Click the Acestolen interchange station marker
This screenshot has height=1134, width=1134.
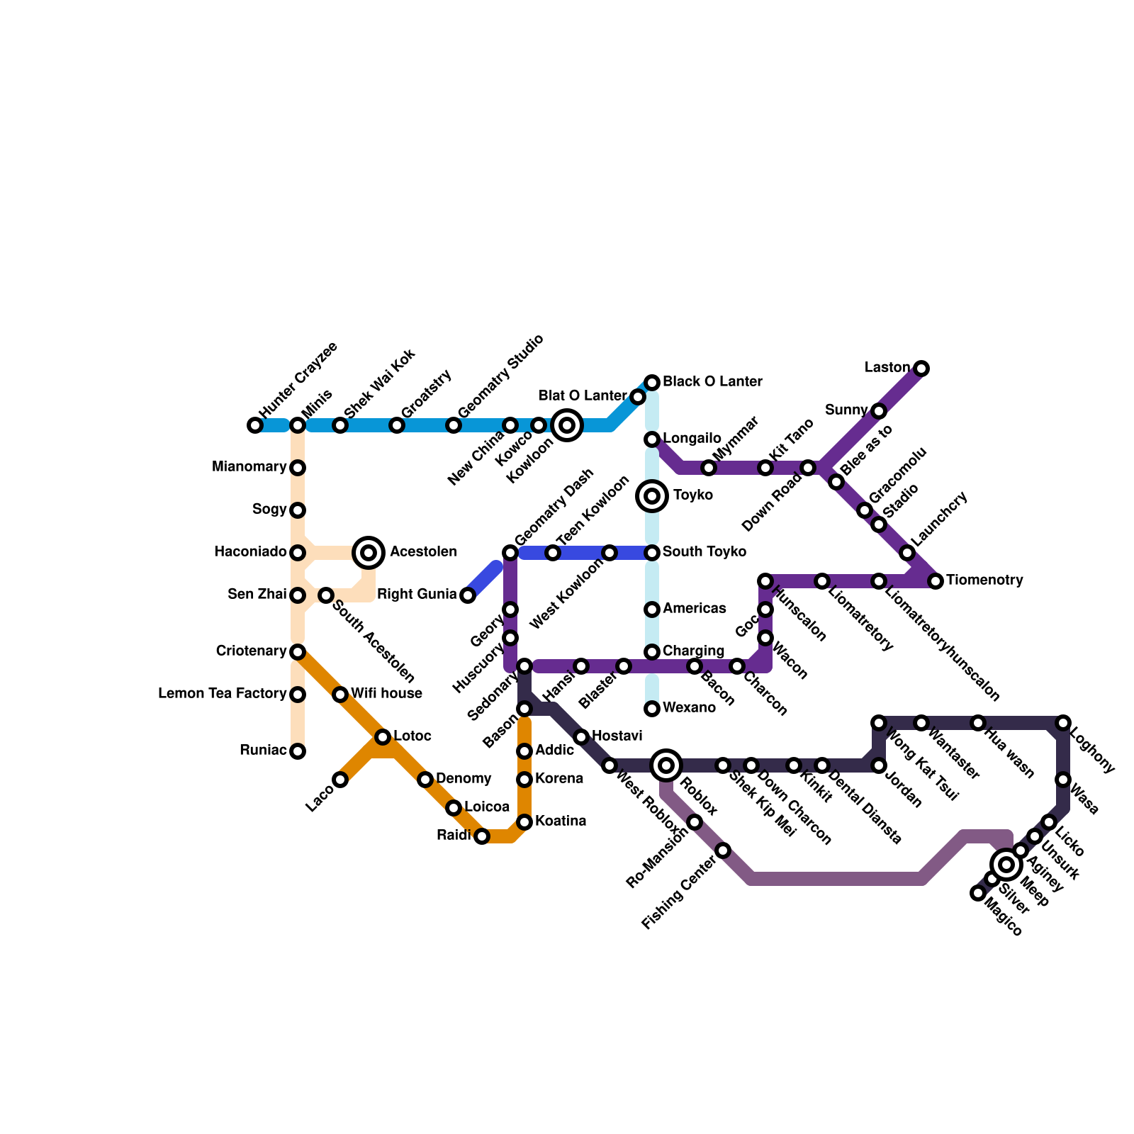click(369, 552)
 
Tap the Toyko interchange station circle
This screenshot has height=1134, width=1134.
click(652, 495)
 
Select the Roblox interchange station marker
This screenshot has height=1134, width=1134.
click(666, 765)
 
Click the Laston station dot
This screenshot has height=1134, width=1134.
click(921, 368)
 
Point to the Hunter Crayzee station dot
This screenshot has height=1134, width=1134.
click(255, 425)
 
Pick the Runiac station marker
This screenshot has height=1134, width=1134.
click(298, 751)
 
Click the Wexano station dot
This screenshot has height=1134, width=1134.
click(652, 708)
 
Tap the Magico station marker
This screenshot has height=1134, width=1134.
click(978, 893)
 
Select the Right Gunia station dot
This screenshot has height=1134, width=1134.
click(468, 595)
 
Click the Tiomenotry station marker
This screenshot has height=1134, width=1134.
click(936, 581)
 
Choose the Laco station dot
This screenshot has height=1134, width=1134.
click(340, 780)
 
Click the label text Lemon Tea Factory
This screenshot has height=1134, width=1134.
click(222, 694)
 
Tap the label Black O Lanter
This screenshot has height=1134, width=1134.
click(712, 382)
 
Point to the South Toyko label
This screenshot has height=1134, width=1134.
click(704, 552)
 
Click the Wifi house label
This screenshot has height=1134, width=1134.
click(386, 694)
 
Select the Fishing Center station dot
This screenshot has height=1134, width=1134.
click(723, 850)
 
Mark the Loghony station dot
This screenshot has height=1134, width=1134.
click(1062, 723)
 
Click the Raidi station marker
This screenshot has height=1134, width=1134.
click(482, 836)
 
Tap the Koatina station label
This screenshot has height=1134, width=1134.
click(561, 821)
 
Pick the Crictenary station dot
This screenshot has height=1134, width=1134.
click(298, 651)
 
